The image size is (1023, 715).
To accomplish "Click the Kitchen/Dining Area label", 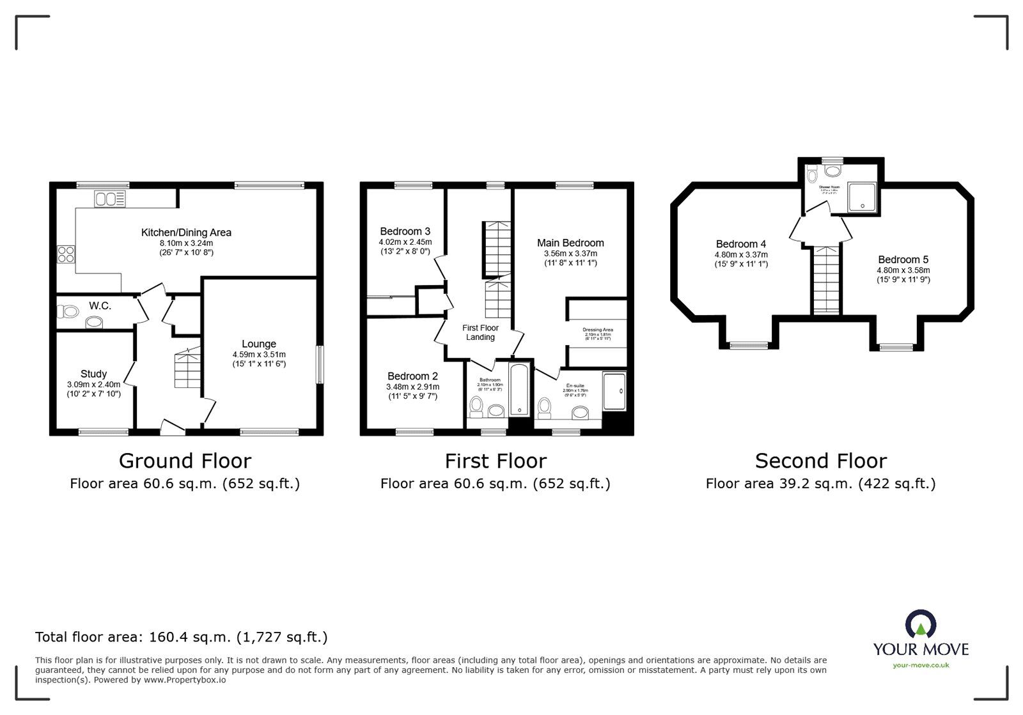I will (x=186, y=233).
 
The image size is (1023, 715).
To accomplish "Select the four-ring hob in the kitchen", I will (x=66, y=254).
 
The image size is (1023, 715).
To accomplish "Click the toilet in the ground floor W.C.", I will (x=67, y=312).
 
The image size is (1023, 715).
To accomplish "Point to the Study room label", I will (x=93, y=374).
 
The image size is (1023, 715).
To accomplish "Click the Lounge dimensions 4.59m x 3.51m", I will (x=259, y=355).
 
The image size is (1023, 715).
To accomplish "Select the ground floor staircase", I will (x=187, y=368).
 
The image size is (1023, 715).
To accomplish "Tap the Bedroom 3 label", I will (x=405, y=231).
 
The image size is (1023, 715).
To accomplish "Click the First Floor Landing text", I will (x=480, y=332).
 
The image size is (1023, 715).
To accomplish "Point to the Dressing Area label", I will (x=597, y=330).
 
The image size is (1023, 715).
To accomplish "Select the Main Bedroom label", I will (x=570, y=243).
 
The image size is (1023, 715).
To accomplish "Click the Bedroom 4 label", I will (x=740, y=244).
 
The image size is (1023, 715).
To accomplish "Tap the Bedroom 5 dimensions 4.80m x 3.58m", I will (x=903, y=270).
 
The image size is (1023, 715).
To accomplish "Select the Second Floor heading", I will (x=820, y=461).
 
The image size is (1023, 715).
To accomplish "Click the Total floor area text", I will (x=181, y=637).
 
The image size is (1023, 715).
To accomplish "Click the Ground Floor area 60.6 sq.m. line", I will (x=185, y=484).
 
